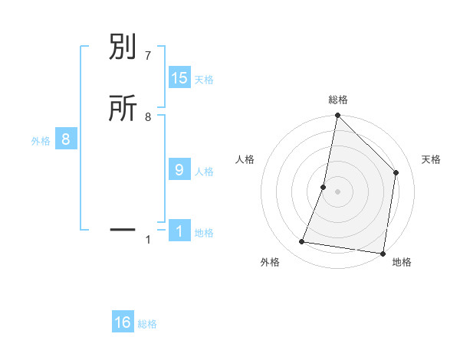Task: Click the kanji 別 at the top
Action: (x=123, y=48)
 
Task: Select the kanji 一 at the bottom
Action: (x=123, y=229)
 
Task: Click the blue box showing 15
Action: (x=179, y=78)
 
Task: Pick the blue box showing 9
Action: (x=179, y=170)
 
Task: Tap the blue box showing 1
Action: (x=179, y=231)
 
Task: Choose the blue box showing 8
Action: (x=66, y=139)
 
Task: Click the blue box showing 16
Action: (x=123, y=322)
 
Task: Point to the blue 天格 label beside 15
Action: (x=204, y=80)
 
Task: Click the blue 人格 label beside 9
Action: (x=204, y=172)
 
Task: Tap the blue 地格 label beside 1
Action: (x=204, y=233)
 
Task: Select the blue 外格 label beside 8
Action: (x=41, y=141)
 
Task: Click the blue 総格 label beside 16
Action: (x=147, y=324)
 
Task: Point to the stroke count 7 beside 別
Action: (x=148, y=56)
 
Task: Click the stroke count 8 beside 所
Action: (x=148, y=117)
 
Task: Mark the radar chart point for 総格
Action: (x=337, y=116)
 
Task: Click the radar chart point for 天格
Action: (x=396, y=172)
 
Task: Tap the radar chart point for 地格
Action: (x=383, y=253)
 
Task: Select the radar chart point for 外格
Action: (x=302, y=242)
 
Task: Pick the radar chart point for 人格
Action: (x=324, y=187)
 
